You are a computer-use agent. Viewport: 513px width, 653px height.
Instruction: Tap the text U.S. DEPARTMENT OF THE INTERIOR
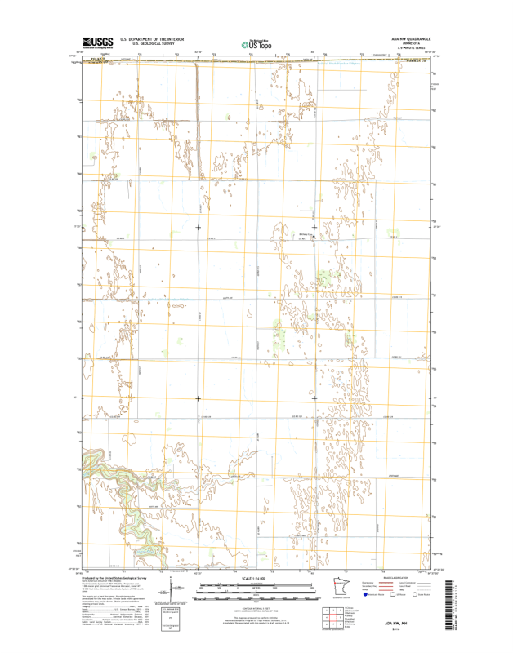pyautogui.click(x=152, y=38)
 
